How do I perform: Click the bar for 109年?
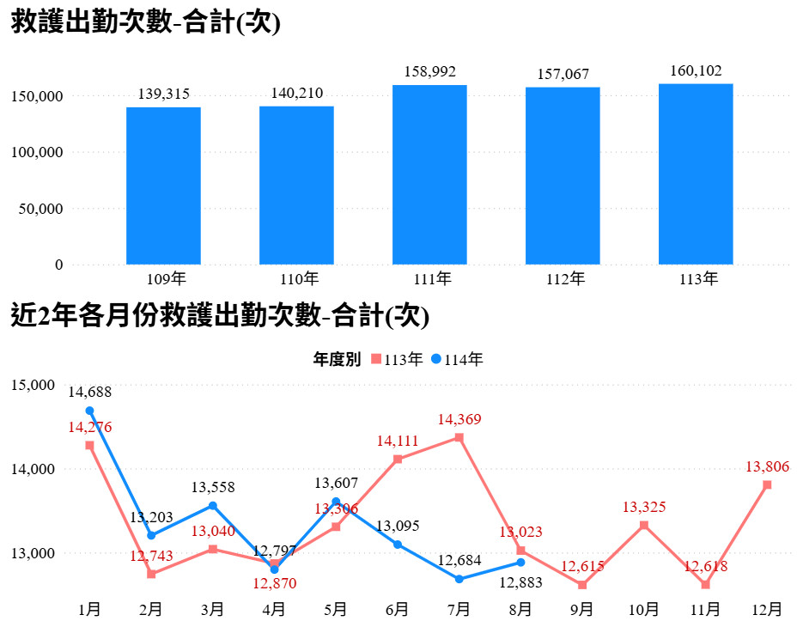(163, 185)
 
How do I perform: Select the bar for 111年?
(429, 174)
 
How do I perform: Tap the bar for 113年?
(696, 174)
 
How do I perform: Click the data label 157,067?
(563, 75)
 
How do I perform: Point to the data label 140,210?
(296, 93)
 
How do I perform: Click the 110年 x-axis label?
(296, 279)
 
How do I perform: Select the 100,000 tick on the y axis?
(37, 153)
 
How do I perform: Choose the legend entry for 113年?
(398, 360)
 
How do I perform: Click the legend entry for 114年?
(457, 360)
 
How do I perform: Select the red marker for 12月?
(767, 485)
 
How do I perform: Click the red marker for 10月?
(644, 525)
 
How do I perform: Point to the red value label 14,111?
(398, 441)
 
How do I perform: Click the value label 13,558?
(213, 487)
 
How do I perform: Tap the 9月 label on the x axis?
(582, 608)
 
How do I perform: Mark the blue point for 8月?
(520, 562)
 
